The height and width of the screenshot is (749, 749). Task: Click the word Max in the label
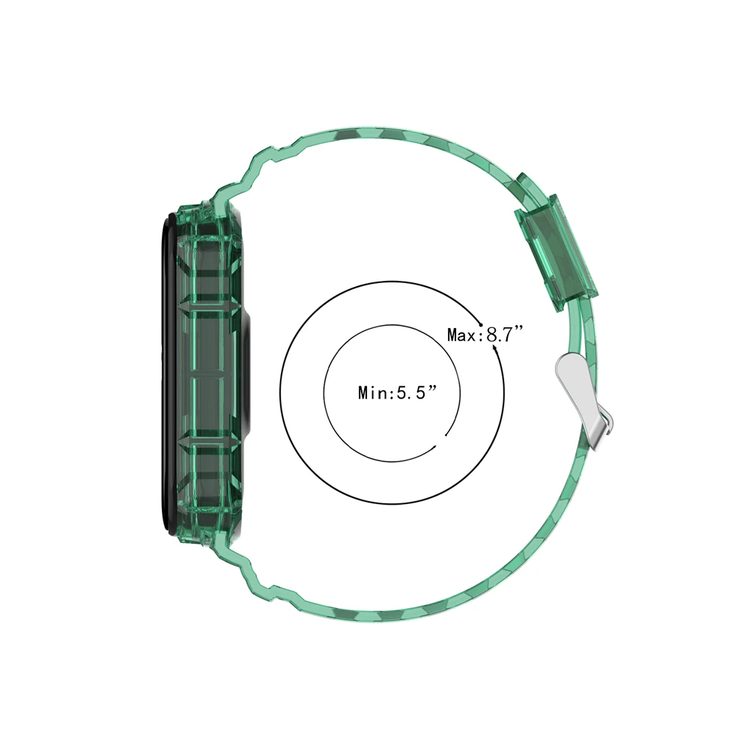[462, 335]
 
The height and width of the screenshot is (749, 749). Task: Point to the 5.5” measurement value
[415, 392]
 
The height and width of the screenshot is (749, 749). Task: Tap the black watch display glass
[166, 374]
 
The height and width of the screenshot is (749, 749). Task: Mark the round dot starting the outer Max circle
[481, 324]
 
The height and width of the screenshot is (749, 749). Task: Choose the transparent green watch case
[210, 374]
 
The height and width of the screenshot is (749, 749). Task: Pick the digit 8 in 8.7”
[492, 334]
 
